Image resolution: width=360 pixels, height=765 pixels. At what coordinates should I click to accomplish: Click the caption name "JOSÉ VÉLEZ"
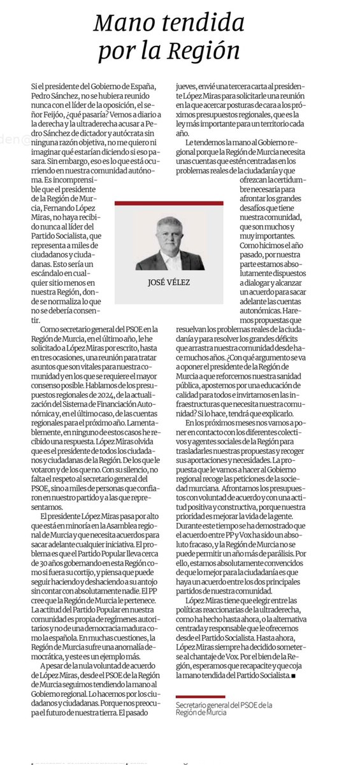pyautogui.click(x=169, y=280)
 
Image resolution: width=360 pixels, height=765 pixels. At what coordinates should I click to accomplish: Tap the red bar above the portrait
pyautogui.click(x=169, y=203)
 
